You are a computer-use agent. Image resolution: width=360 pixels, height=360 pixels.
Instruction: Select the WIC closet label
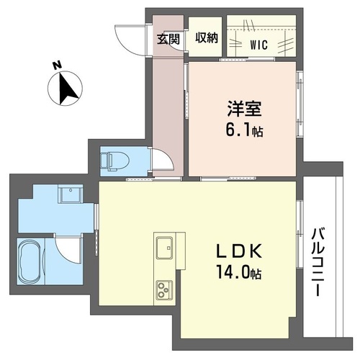tap(260, 45)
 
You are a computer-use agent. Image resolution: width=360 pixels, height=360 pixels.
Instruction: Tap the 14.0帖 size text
tap(236, 274)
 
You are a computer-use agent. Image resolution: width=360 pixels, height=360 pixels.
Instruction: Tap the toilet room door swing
tap(161, 159)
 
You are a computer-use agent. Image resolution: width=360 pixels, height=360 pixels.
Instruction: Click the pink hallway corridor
tap(167, 108)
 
